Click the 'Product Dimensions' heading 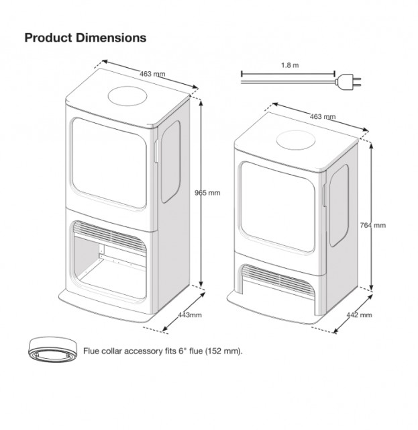[x=85, y=38]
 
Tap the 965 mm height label [x=207, y=192]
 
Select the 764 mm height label [x=372, y=224]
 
